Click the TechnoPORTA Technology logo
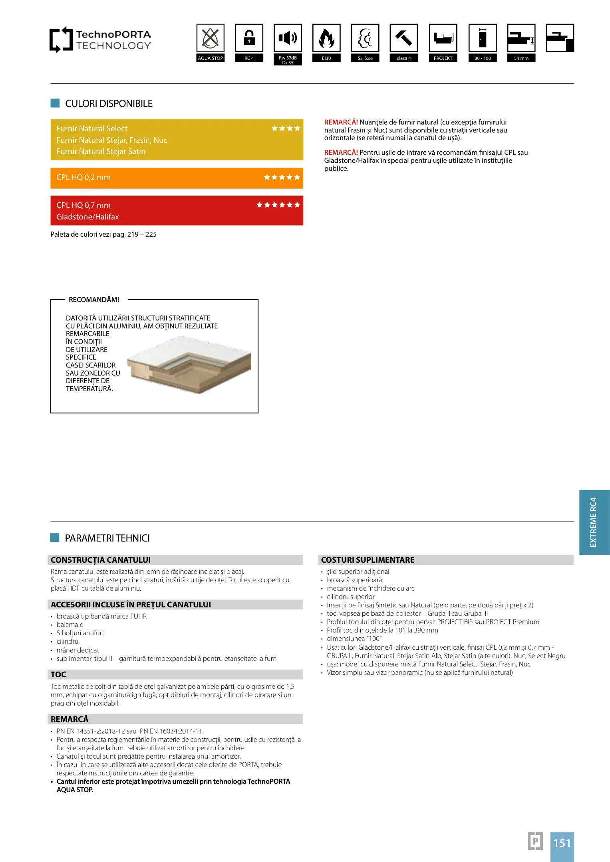tap(100, 40)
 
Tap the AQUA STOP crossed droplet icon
tap(210, 38)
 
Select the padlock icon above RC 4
tap(249, 38)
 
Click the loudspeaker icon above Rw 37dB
tap(288, 38)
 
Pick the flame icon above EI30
tap(326, 38)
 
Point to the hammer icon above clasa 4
tap(404, 38)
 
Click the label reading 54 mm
tap(521, 58)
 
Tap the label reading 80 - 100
tap(483, 58)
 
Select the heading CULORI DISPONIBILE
tap(109, 104)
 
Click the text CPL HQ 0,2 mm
tap(83, 178)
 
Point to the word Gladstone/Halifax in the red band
tap(87, 217)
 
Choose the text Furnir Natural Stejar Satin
tap(101, 152)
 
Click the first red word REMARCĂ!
tap(341, 123)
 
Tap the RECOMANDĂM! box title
tap(94, 300)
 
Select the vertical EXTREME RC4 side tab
tap(594, 522)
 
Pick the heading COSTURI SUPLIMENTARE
tap(368, 560)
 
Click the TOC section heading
tap(58, 674)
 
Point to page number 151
tap(562, 843)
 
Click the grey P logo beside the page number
tap(535, 841)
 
